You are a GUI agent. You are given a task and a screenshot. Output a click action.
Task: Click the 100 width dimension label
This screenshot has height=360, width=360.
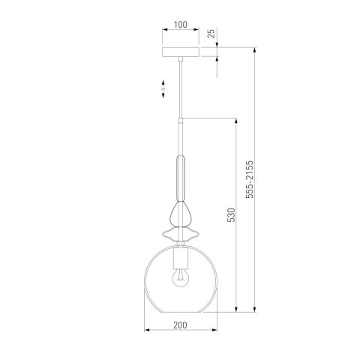click(181, 25)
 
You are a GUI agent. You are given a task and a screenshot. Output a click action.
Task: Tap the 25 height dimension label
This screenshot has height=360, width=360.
click(211, 34)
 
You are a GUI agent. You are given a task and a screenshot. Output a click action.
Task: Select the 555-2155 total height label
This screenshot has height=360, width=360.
click(250, 179)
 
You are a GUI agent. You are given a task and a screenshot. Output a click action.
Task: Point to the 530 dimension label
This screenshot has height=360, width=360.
click(231, 215)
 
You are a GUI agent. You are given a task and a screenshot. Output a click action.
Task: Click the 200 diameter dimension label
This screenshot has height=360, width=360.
click(180, 325)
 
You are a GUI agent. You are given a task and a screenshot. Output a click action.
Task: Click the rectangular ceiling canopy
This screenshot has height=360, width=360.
click(181, 52)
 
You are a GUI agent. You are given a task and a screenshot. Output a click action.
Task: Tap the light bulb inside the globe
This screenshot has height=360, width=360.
click(181, 277)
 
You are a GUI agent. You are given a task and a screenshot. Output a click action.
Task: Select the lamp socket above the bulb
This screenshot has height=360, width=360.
click(181, 257)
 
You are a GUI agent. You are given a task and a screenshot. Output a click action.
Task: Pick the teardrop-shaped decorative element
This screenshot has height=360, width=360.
click(181, 214)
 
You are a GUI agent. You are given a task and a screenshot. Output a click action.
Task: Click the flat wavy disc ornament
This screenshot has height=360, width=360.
click(181, 234)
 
